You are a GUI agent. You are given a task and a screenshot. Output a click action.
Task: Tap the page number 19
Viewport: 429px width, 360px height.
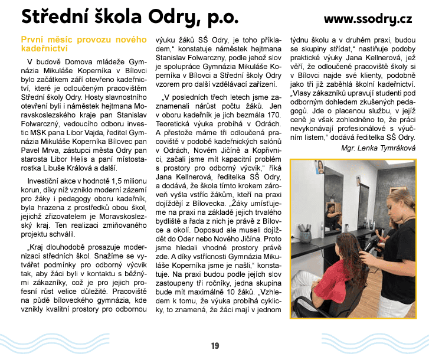(215, 345)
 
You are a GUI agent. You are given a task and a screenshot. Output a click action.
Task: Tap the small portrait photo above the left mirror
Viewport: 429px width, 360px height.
(320, 166)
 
